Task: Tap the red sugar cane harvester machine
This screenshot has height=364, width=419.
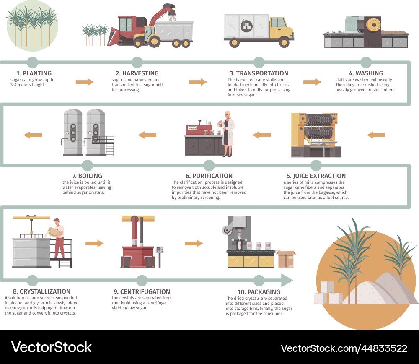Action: click(126, 29)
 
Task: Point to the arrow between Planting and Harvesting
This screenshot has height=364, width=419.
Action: click(85, 82)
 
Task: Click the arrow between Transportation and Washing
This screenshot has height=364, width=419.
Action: click(312, 82)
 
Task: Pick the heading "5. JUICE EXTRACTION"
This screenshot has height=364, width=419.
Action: click(316, 176)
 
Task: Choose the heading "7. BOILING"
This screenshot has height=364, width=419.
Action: click(87, 176)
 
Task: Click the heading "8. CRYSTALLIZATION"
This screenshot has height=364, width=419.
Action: click(37, 291)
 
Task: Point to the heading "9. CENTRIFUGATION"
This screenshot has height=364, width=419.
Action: click(142, 291)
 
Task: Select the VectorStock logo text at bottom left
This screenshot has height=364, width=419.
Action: click(51, 347)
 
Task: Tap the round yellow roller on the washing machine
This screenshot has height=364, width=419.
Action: click(372, 25)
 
